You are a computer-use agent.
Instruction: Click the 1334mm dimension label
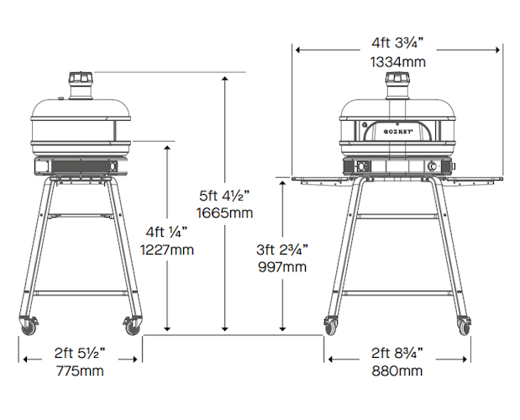point(397,62)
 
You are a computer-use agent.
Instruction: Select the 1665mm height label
point(224,213)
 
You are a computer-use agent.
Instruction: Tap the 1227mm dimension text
point(167,249)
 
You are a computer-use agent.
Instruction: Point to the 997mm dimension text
point(282,267)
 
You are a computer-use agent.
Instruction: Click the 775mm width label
point(80,370)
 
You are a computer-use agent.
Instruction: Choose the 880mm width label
point(397,370)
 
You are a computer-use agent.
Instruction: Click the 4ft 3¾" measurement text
point(397,43)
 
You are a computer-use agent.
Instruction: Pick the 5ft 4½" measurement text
point(224,195)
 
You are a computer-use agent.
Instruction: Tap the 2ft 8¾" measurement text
point(397,353)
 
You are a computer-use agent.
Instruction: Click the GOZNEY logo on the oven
point(398,132)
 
